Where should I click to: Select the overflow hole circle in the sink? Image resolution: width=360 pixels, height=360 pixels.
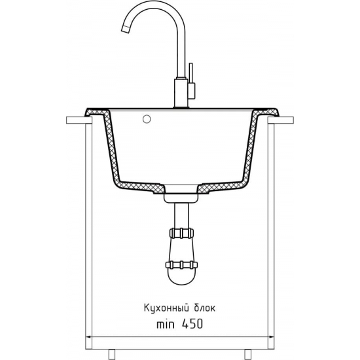point(147,119)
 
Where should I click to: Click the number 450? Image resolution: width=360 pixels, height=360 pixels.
point(192,324)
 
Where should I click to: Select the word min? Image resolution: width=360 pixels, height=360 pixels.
point(166,324)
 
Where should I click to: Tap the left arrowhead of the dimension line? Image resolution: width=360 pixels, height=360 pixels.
point(88,337)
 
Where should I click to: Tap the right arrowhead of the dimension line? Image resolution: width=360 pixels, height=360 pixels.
point(272,337)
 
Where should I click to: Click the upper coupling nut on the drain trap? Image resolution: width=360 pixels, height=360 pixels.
point(181,233)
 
